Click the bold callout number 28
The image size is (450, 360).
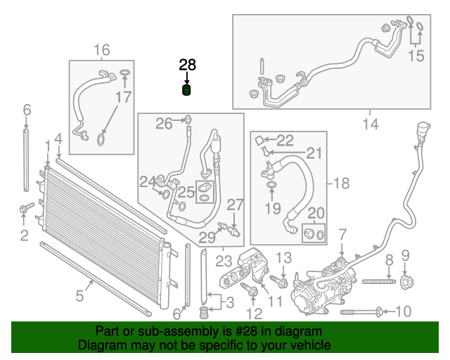coord(187,65)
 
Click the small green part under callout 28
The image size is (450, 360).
coord(187,91)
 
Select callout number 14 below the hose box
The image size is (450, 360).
coord(371,124)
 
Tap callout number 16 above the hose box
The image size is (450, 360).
coord(102,49)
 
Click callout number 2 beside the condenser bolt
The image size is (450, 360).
coord(25,235)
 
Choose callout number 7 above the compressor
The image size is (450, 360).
coord(342,234)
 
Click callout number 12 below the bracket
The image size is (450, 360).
coord(255,312)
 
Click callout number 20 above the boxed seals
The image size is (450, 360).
coord(316,213)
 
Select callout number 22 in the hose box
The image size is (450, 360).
coord(285,139)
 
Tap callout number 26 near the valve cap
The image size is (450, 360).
coord(164,124)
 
